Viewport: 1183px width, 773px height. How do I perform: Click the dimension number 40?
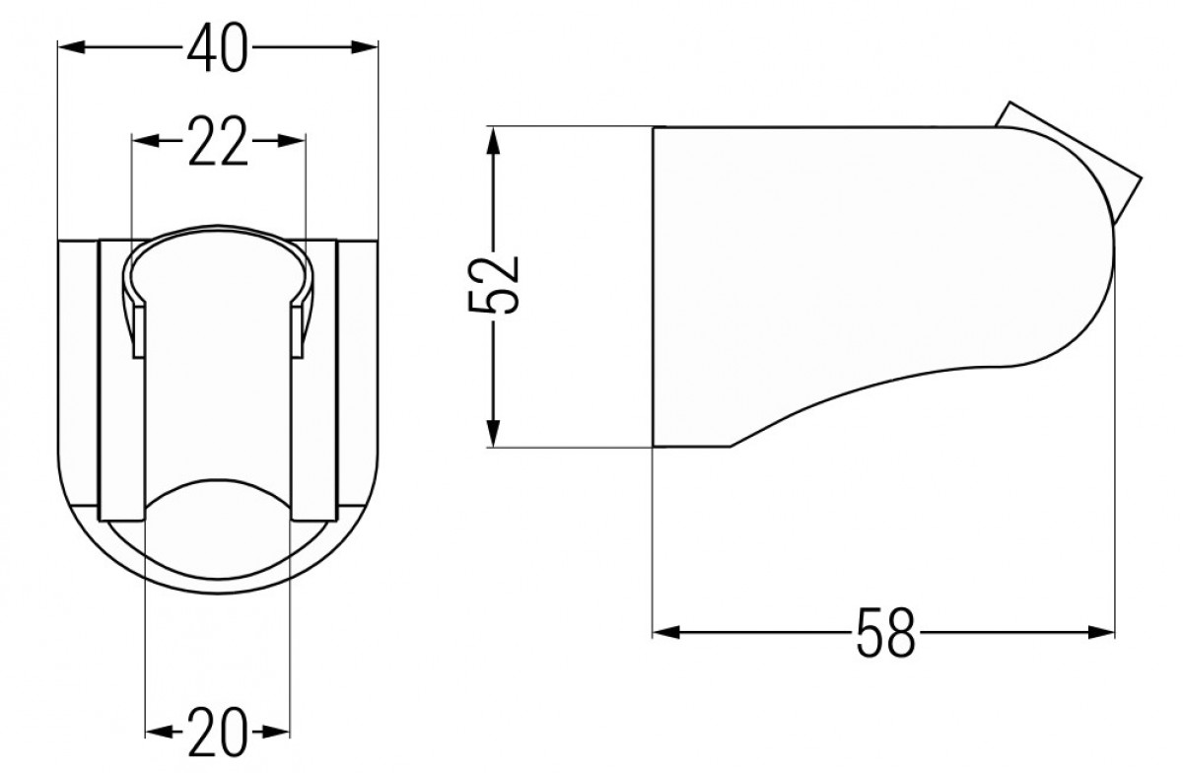(217, 48)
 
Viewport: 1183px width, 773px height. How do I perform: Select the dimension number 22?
(217, 141)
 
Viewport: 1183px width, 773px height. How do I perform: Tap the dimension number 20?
(217, 733)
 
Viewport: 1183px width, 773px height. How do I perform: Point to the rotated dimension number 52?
(494, 286)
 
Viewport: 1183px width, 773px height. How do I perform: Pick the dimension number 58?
(884, 632)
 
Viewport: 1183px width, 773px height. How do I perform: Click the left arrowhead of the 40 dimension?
(71, 47)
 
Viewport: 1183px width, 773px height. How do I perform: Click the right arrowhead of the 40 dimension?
(365, 47)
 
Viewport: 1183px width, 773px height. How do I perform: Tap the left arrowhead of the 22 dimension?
(145, 141)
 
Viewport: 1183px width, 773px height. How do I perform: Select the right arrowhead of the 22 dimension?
(292, 141)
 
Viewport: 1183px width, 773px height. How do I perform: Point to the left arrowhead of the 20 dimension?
(159, 732)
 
